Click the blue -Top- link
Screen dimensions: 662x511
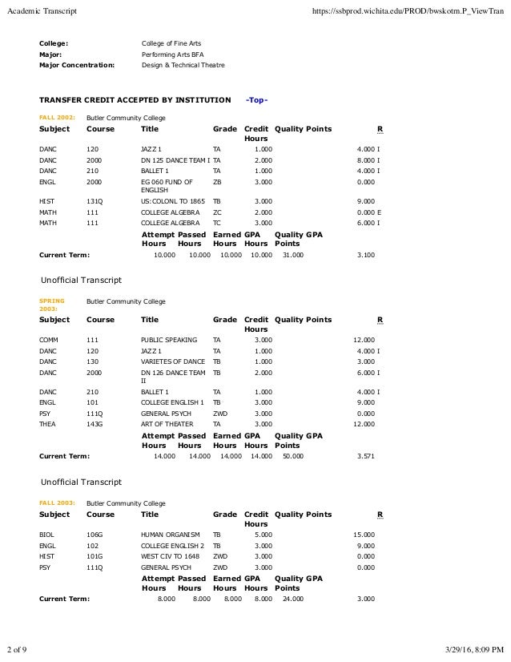pyautogui.click(x=256, y=100)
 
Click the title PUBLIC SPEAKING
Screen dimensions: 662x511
pyautogui.click(x=168, y=340)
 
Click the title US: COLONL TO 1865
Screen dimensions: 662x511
pyautogui.click(x=172, y=200)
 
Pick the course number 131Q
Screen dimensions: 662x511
pyautogui.click(x=95, y=200)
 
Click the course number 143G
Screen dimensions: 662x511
pyautogui.click(x=95, y=424)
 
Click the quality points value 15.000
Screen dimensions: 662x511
pyautogui.click(x=364, y=534)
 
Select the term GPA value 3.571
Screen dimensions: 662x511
pyautogui.click(x=364, y=455)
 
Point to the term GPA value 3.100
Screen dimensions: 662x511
pyautogui.click(x=364, y=255)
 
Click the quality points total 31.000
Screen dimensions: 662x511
pyautogui.click(x=293, y=255)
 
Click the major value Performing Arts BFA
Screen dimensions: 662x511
pyautogui.click(x=172, y=54)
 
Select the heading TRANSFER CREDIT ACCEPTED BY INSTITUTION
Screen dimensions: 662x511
pyautogui.click(x=135, y=100)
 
